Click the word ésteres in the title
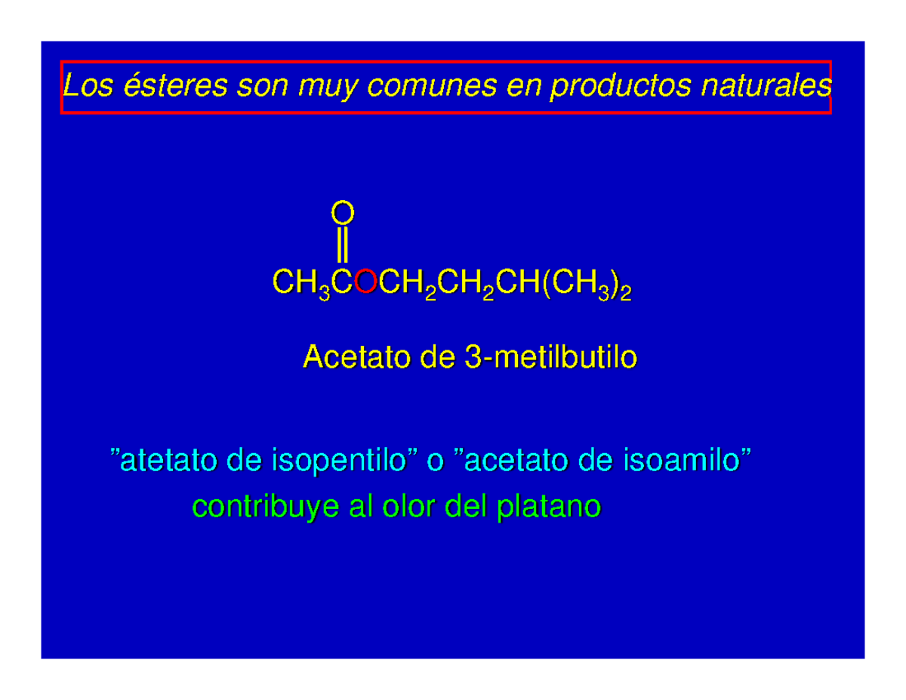[x=175, y=85]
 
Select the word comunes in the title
[x=432, y=85]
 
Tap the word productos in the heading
[x=621, y=86]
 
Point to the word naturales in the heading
[x=767, y=85]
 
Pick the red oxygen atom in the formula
[x=365, y=281]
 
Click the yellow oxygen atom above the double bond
[x=343, y=213]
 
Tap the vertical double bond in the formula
[x=342, y=245]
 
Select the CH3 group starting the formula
[x=301, y=284]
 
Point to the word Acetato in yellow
[x=357, y=356]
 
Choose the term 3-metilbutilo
[x=550, y=356]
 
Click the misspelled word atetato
[x=169, y=461]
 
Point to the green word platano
[x=549, y=508]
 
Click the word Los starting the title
[x=88, y=85]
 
